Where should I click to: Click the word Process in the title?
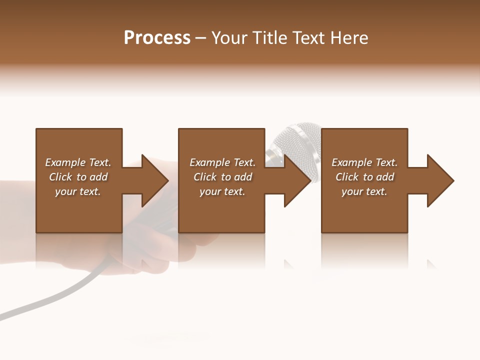click(x=157, y=38)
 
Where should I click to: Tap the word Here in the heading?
click(x=346, y=38)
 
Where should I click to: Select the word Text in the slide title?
click(x=307, y=38)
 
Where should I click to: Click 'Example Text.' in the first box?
click(x=78, y=162)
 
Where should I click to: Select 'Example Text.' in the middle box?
click(x=222, y=162)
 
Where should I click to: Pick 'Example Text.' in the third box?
click(x=364, y=162)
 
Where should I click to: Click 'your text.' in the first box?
click(x=78, y=191)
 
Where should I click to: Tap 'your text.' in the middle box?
click(x=222, y=191)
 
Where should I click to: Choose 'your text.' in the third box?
click(x=364, y=191)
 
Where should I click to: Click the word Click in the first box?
click(x=60, y=177)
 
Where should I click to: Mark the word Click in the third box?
click(x=347, y=177)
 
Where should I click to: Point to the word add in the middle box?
click(x=243, y=177)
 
